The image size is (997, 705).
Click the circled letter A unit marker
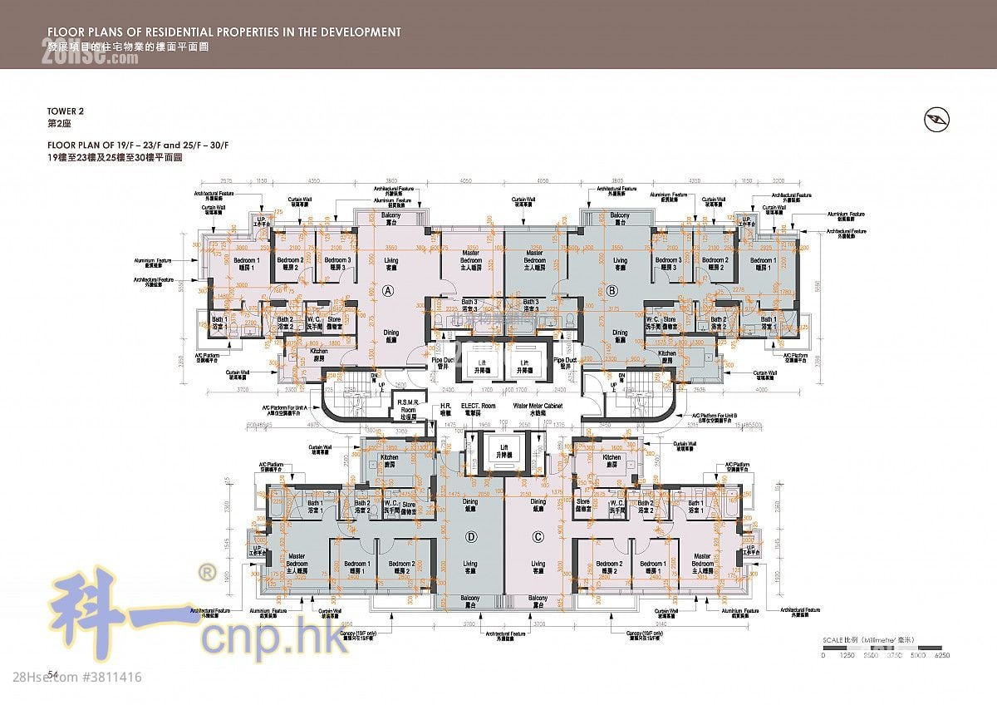point(387,291)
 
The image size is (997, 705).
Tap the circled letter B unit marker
point(612,291)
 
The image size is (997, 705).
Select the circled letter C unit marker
point(538,537)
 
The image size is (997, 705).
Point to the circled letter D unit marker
point(470,537)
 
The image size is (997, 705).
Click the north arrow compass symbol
point(936,121)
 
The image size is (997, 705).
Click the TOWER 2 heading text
point(66,111)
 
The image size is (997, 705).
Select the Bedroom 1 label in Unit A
point(248,264)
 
